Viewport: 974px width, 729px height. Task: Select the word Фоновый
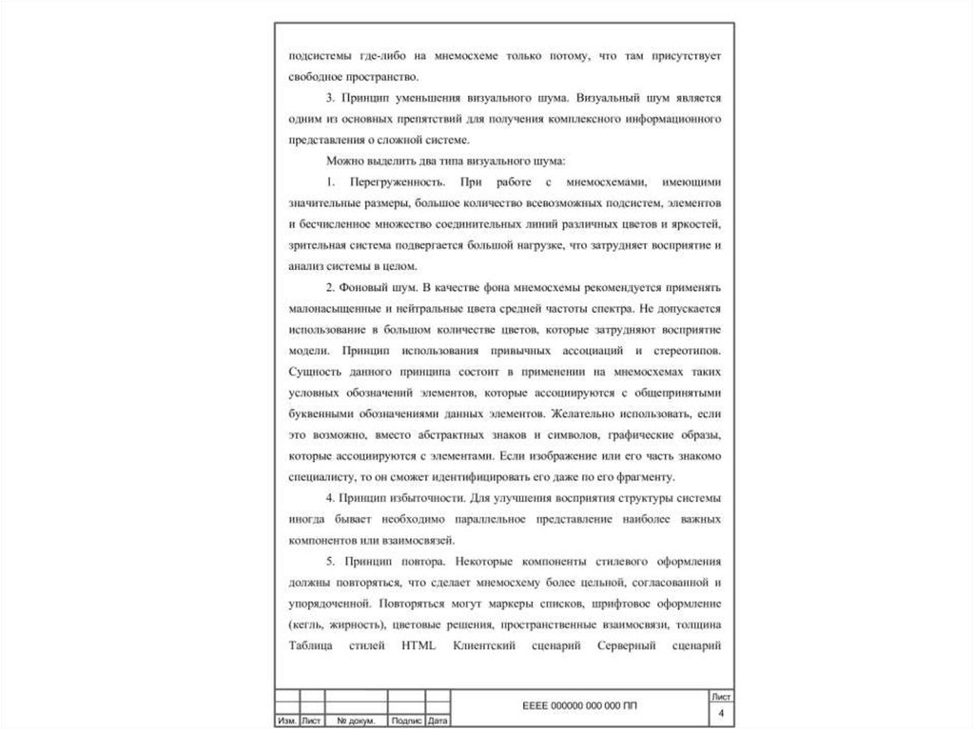click(x=375, y=288)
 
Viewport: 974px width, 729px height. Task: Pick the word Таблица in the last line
click(x=313, y=646)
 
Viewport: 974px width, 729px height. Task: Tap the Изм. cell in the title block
click(x=285, y=721)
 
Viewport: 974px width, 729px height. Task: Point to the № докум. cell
click(x=357, y=721)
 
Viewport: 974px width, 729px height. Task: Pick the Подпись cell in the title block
click(x=407, y=721)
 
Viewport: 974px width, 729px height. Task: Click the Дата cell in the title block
click(x=438, y=721)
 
